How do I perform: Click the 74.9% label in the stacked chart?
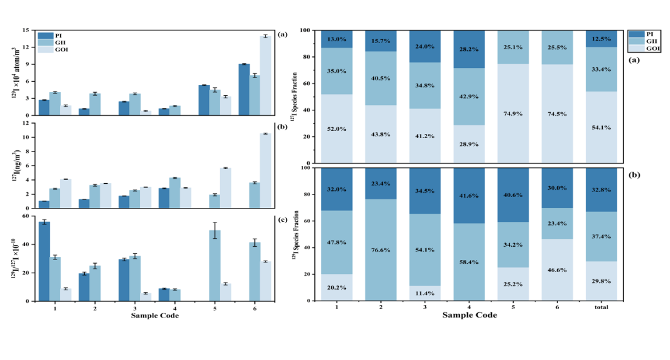coord(513,113)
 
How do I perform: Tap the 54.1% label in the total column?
coord(601,127)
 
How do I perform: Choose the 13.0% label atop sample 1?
coord(337,39)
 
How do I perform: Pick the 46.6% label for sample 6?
coord(557,269)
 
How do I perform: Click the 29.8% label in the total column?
coord(601,280)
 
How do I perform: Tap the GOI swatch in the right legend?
coord(635,48)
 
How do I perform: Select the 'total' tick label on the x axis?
coord(601,307)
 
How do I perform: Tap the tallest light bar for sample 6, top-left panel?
coord(265,76)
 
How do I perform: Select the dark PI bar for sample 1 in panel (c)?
coord(44,261)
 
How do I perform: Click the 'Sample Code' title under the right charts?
coord(469,316)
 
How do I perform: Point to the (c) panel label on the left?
coord(282,219)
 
